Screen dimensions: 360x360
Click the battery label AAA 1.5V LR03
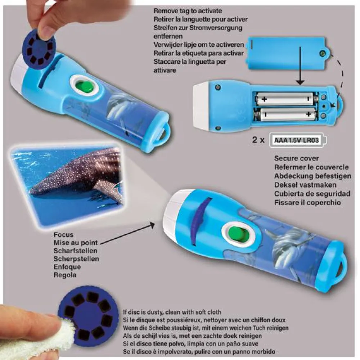(296, 140)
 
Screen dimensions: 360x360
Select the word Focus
(64, 235)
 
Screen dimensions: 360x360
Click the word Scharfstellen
(75, 251)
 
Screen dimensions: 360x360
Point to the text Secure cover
(296, 158)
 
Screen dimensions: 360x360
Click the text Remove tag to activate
(188, 11)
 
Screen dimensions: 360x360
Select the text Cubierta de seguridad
(312, 194)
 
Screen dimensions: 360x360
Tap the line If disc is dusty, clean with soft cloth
(172, 312)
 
